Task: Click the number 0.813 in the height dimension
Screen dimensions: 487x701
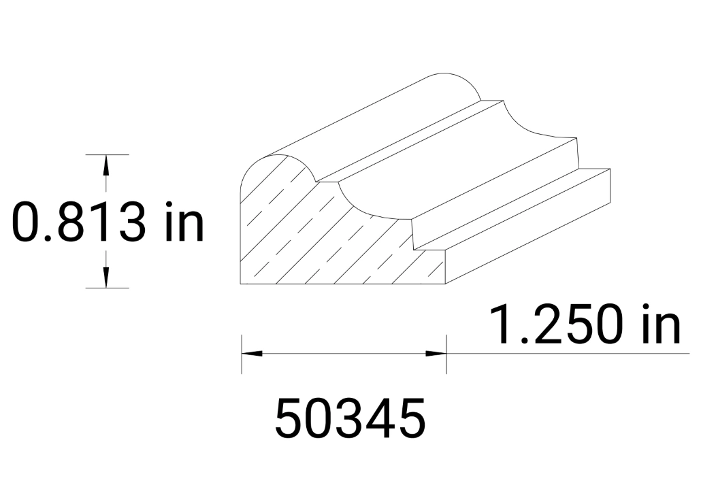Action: click(x=79, y=222)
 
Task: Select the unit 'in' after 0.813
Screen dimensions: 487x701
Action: click(x=181, y=222)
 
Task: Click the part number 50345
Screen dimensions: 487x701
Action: click(x=350, y=418)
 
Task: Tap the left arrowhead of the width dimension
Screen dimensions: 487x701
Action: click(x=252, y=354)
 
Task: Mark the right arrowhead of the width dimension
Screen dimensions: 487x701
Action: click(x=436, y=354)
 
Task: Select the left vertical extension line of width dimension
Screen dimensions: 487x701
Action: click(x=242, y=354)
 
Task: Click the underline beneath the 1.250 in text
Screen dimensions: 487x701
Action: click(x=565, y=354)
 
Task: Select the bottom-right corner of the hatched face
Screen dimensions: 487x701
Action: click(x=446, y=283)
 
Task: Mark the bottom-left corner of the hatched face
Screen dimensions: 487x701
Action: click(x=242, y=283)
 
